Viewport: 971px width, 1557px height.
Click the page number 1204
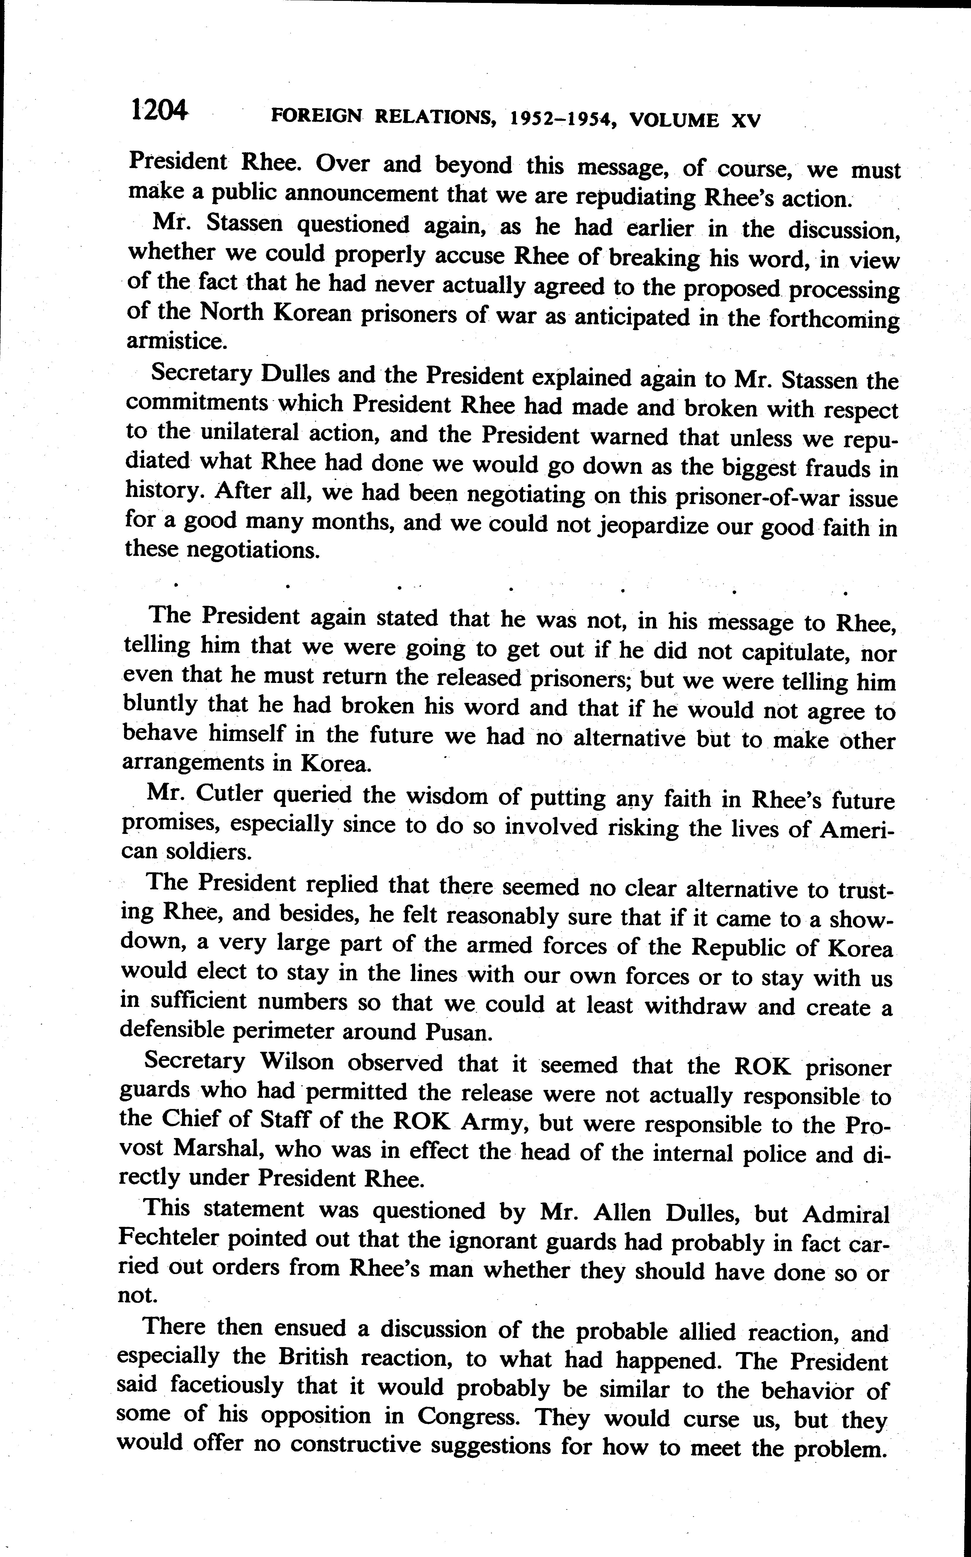pyautogui.click(x=159, y=111)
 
